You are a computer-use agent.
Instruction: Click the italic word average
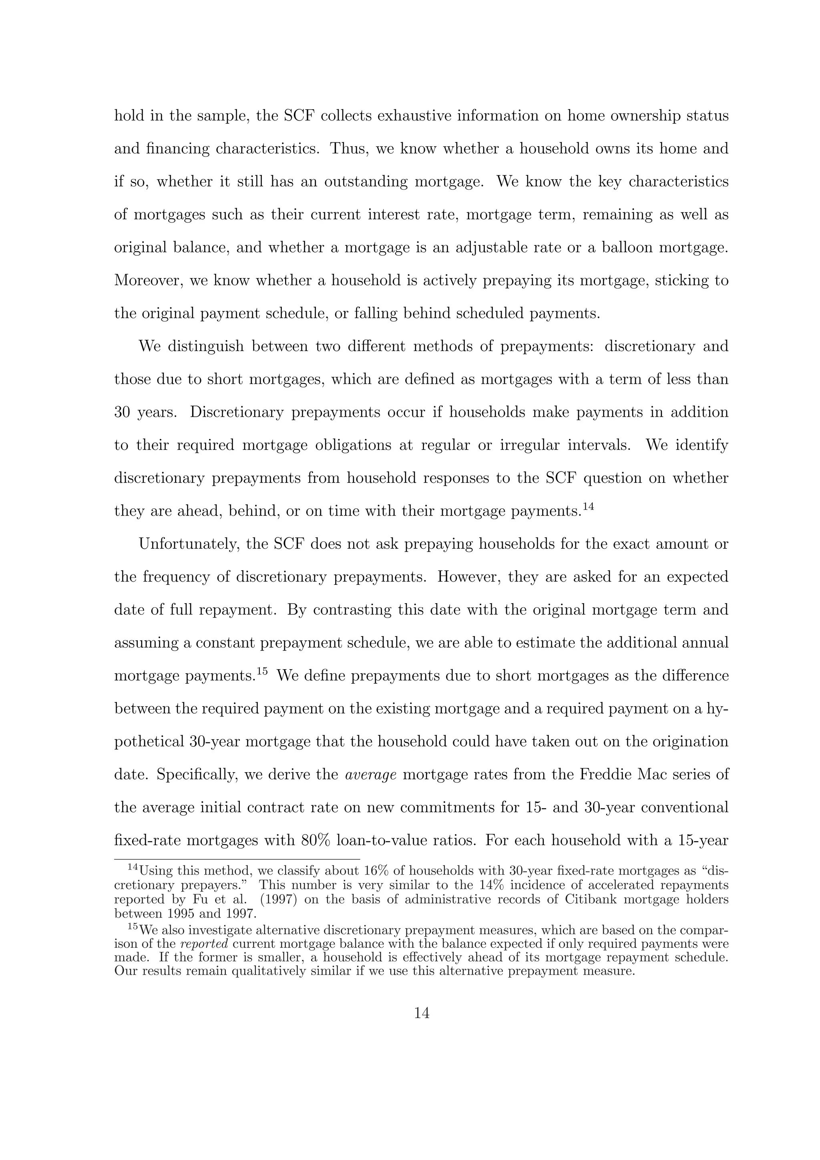click(370, 775)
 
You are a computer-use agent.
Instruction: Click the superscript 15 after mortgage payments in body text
click(261, 671)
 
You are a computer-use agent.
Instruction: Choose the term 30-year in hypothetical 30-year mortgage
click(220, 742)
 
